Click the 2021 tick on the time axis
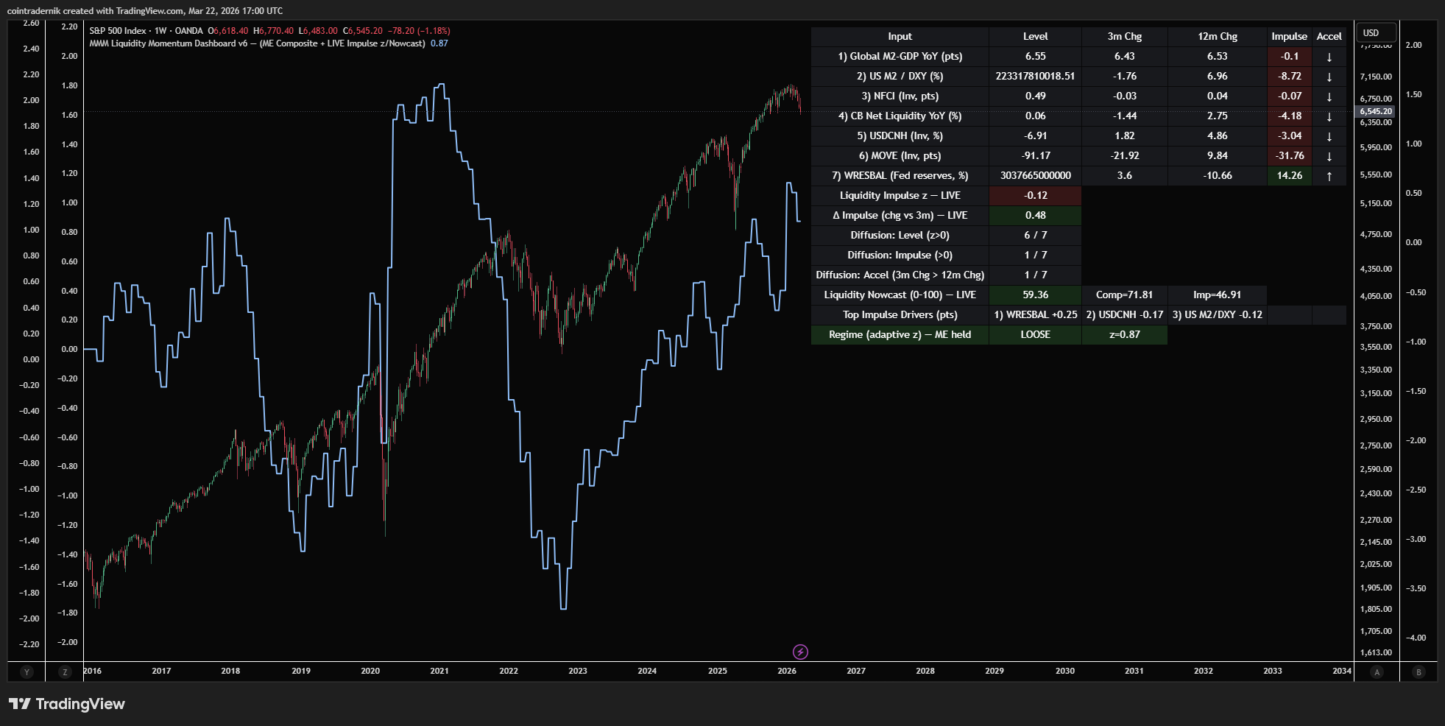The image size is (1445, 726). [439, 671]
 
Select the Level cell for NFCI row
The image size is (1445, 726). [1035, 96]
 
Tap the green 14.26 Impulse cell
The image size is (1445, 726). [1289, 175]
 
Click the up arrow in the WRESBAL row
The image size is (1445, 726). [1329, 176]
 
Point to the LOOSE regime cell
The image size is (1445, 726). [1035, 334]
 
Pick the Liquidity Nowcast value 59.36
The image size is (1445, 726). [1035, 295]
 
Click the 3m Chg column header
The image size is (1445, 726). [1124, 36]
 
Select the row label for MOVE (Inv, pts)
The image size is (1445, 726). [900, 155]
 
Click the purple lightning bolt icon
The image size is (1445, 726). [800, 652]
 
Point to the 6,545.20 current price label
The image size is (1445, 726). [1375, 111]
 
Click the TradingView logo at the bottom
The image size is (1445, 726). [67, 704]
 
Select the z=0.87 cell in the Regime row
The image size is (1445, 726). [1124, 334]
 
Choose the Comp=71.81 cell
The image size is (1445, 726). [1124, 295]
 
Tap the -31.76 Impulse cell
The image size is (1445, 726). [1289, 155]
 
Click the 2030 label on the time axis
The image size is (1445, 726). [1065, 671]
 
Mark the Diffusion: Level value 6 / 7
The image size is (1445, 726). [1035, 235]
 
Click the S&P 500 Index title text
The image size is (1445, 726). [118, 31]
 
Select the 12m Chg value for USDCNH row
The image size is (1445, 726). [1217, 135]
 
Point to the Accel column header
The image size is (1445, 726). [1329, 36]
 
